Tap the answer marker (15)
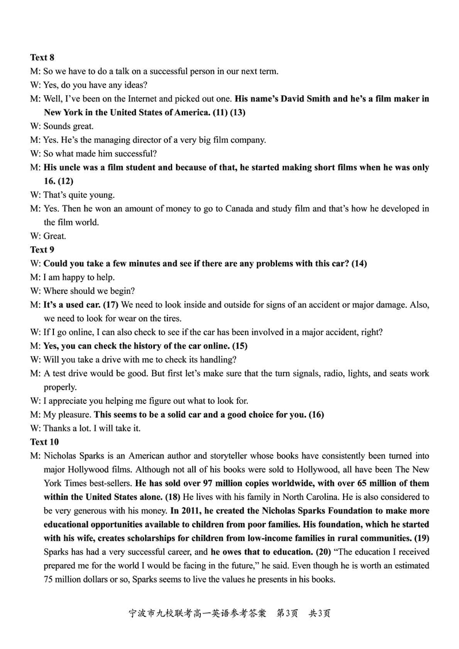[x=239, y=346]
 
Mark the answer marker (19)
[x=421, y=538]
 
